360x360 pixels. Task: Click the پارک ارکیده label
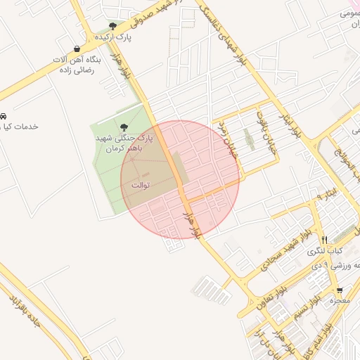point(113,37)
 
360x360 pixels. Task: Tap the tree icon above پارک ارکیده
point(112,26)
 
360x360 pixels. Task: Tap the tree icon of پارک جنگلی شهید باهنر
point(124,127)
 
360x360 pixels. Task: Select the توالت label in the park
point(139,184)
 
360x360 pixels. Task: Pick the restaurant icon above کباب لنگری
point(324,240)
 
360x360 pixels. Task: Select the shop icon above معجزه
point(340,290)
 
